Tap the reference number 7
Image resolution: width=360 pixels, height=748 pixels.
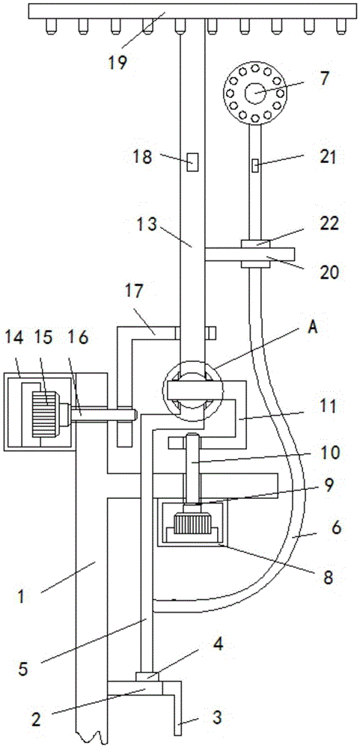(325, 78)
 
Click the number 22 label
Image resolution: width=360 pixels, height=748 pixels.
(329, 224)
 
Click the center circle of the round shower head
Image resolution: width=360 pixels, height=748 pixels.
(255, 93)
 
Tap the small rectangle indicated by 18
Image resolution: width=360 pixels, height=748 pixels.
(192, 162)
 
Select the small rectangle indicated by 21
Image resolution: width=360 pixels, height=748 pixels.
(255, 166)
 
